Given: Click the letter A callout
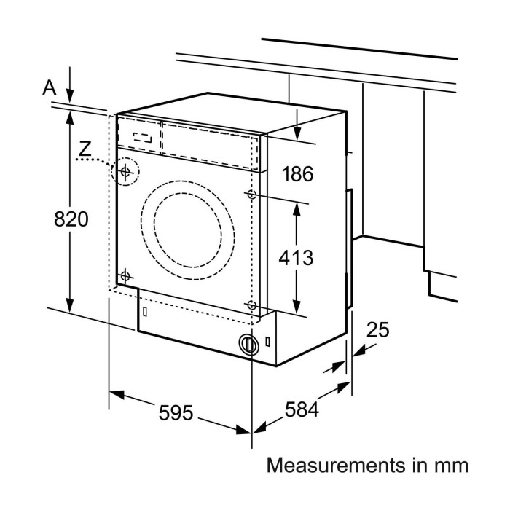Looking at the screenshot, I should (x=50, y=88).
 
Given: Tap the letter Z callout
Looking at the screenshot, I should (x=85, y=149).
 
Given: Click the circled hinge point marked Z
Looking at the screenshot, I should (x=126, y=172).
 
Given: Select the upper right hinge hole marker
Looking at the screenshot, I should (x=252, y=195).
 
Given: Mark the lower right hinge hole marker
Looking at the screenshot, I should (x=252, y=305).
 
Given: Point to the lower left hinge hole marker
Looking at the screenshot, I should (x=125, y=275).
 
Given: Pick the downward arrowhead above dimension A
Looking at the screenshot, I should (x=69, y=95).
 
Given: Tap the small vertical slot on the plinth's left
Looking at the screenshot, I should (x=146, y=311).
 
